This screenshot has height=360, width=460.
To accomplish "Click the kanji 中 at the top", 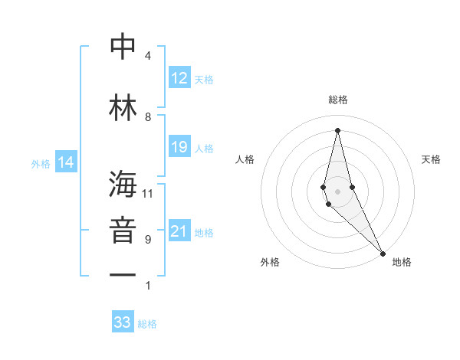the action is pyautogui.click(x=123, y=47).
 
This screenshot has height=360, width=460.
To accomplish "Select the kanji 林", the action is pyautogui.click(x=123, y=106).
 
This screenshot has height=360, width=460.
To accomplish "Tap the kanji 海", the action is pyautogui.click(x=123, y=183).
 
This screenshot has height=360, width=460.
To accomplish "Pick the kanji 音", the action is pyautogui.click(x=123, y=229).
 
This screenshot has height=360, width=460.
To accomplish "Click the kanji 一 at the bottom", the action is pyautogui.click(x=123, y=274).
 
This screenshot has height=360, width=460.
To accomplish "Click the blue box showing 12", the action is pyautogui.click(x=179, y=78).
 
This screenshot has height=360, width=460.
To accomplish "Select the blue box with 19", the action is pyautogui.click(x=179, y=147).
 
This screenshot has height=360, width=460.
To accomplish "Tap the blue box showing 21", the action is pyautogui.click(x=179, y=231).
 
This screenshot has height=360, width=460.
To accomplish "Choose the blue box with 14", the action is pyautogui.click(x=66, y=162).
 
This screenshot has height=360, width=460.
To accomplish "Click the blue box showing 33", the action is pyautogui.click(x=123, y=322).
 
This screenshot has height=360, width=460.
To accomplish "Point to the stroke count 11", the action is pyautogui.click(x=148, y=194).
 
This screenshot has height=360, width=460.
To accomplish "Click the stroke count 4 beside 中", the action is pyautogui.click(x=148, y=56).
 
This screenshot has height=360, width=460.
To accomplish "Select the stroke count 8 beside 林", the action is pyautogui.click(x=148, y=116).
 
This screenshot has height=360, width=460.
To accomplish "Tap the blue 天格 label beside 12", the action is pyautogui.click(x=204, y=79).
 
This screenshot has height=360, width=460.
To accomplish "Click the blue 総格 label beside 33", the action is pyautogui.click(x=147, y=324).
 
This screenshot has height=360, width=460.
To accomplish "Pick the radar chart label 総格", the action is pyautogui.click(x=337, y=100).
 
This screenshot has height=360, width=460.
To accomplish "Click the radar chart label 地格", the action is pyautogui.click(x=402, y=262).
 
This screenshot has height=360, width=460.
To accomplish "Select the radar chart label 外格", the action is pyautogui.click(x=270, y=262).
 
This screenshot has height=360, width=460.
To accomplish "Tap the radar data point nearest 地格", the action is pyautogui.click(x=383, y=253).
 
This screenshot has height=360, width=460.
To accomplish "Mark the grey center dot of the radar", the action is pyautogui.click(x=337, y=191).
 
